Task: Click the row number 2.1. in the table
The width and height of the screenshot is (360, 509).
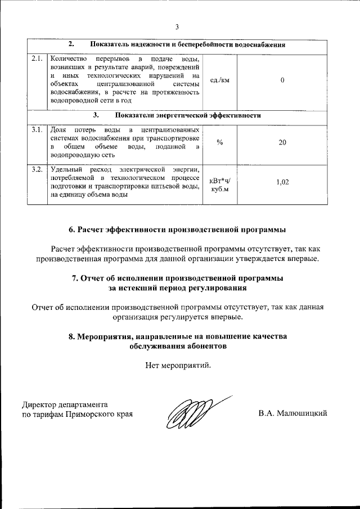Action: coord(38,58)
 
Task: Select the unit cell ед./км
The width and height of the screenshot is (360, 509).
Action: coord(219,80)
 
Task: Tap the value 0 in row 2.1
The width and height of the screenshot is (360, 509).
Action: coord(282,80)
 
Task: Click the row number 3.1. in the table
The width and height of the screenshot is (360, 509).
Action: coord(38,130)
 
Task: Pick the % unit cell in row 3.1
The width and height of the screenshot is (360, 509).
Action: coord(219,142)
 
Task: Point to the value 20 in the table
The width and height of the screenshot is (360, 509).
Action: coord(282,142)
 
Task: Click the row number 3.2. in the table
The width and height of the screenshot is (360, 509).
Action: coord(38,169)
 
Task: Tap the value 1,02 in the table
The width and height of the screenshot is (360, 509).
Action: coord(282,182)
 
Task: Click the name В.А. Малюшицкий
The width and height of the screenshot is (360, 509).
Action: coord(293,413)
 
